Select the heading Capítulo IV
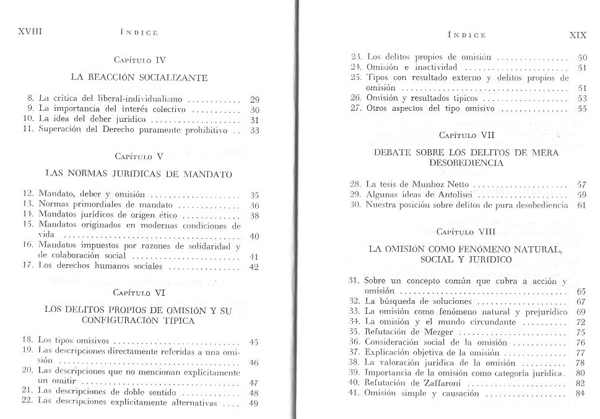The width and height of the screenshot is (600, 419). [x=141, y=60]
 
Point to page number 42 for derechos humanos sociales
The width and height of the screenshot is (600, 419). [x=253, y=268]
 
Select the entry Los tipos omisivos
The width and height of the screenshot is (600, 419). [x=73, y=340]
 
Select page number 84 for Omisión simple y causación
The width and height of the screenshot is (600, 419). [x=580, y=394]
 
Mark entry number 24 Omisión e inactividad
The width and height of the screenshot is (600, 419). [x=355, y=67]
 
